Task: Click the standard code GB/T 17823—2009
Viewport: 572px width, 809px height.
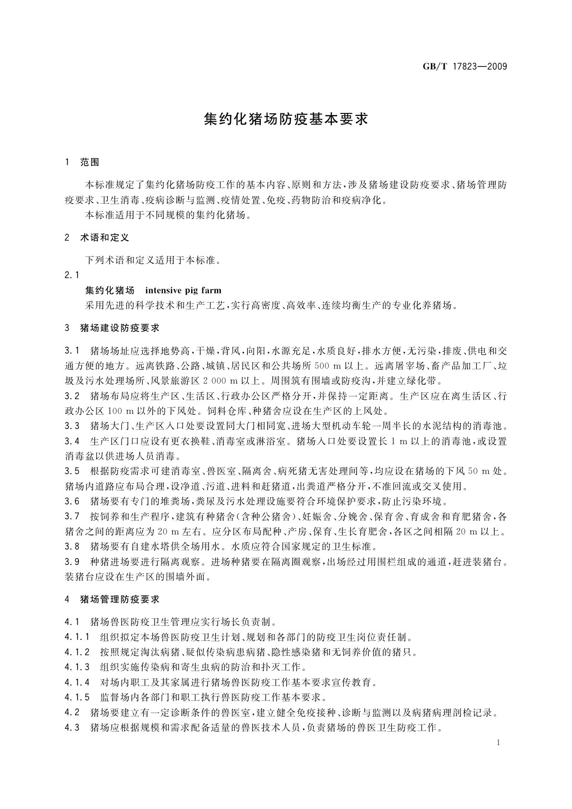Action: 465,66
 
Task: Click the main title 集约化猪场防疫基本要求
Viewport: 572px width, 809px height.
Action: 286,119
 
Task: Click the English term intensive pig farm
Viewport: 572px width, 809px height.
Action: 183,290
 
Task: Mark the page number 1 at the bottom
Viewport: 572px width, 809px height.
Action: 499,743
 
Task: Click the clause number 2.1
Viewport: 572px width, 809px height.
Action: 71,275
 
